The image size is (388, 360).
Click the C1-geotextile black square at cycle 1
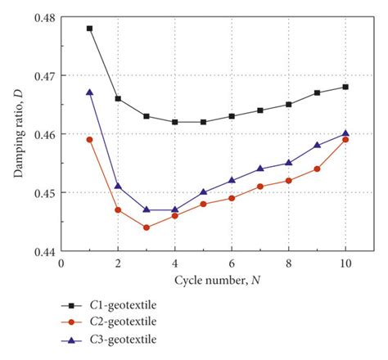(89, 29)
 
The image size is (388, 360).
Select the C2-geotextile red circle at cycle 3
(146, 227)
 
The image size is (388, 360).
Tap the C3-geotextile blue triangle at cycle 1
(89, 92)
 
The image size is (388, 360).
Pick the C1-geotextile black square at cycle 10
(345, 87)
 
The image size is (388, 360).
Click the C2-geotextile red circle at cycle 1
(89, 140)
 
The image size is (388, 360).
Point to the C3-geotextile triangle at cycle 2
(118, 186)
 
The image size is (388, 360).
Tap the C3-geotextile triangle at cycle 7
(260, 169)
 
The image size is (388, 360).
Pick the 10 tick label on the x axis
(345, 263)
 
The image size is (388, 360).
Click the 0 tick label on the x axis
(61, 263)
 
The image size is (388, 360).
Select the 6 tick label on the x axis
(232, 263)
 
